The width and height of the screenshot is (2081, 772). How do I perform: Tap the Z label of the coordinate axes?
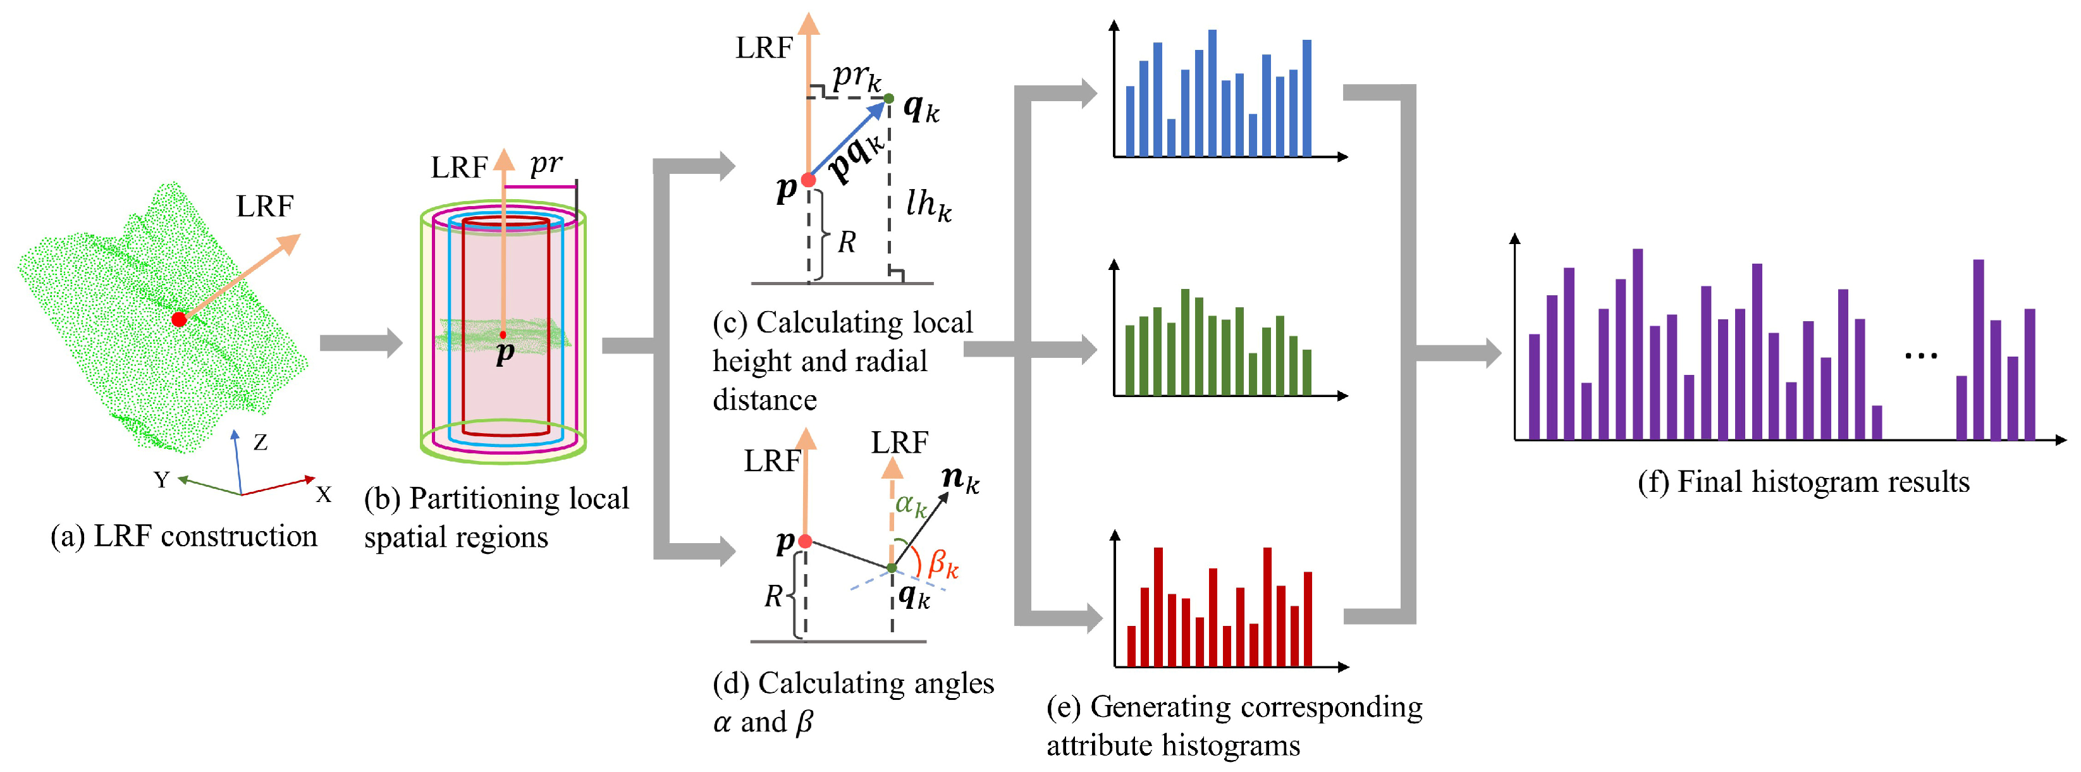pyautogui.click(x=260, y=443)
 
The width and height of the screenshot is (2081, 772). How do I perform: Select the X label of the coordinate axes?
pyautogui.click(x=323, y=494)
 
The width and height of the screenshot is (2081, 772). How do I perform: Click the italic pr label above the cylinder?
pyautogui.click(x=546, y=164)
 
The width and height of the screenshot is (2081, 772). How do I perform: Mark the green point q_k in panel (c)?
pyautogui.click(x=888, y=99)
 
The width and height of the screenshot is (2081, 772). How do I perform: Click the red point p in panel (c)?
pyautogui.click(x=808, y=180)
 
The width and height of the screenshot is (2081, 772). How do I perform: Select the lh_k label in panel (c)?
pyautogui.click(x=928, y=204)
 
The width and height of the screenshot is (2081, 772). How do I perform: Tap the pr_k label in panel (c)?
pyautogui.click(x=856, y=77)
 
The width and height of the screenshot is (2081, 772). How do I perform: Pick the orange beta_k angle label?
pyautogui.click(x=943, y=563)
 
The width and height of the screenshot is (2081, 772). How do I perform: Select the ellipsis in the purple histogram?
pyautogui.click(x=1921, y=355)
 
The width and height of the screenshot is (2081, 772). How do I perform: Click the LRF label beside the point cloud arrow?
pyautogui.click(x=265, y=207)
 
